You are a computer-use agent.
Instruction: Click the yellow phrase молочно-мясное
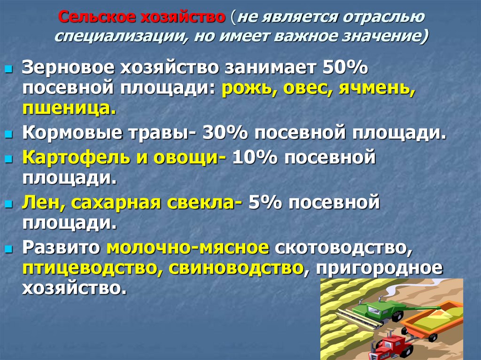(x=188, y=248)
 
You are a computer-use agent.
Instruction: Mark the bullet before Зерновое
(x=8, y=69)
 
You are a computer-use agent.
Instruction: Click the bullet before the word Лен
(x=8, y=204)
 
